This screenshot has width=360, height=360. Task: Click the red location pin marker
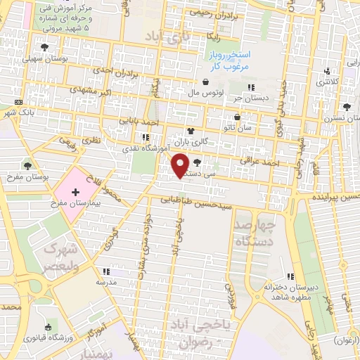click(x=180, y=165)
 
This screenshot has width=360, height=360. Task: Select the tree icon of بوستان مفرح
click(x=27, y=166)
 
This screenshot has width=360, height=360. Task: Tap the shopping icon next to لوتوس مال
click(x=206, y=82)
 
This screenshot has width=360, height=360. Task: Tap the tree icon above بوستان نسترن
click(x=346, y=108)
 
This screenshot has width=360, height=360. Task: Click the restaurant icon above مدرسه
click(x=106, y=270)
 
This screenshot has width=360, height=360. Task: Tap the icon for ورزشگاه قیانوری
click(x=47, y=326)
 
